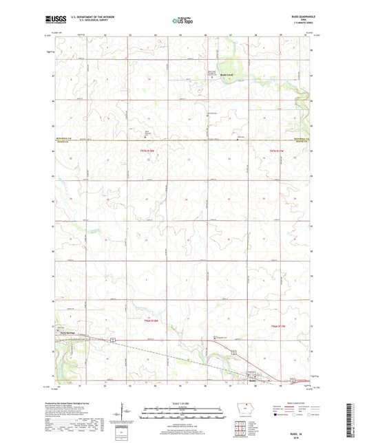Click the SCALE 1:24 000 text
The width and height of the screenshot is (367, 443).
[x=183, y=403]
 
